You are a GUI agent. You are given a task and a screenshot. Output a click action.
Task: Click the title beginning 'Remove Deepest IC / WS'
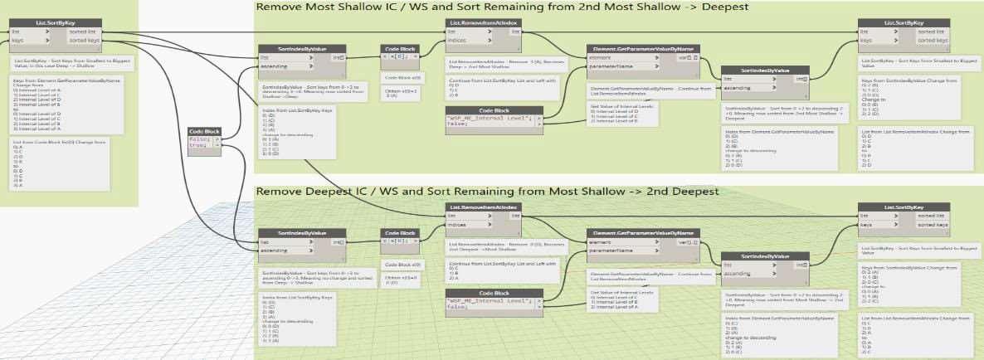[x=486, y=192]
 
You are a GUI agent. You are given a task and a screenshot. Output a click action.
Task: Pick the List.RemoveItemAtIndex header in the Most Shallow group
[x=485, y=22]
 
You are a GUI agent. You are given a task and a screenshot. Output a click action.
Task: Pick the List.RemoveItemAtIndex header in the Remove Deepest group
[x=485, y=207]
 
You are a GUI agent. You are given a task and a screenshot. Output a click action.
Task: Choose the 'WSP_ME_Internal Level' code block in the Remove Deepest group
[x=494, y=301]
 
